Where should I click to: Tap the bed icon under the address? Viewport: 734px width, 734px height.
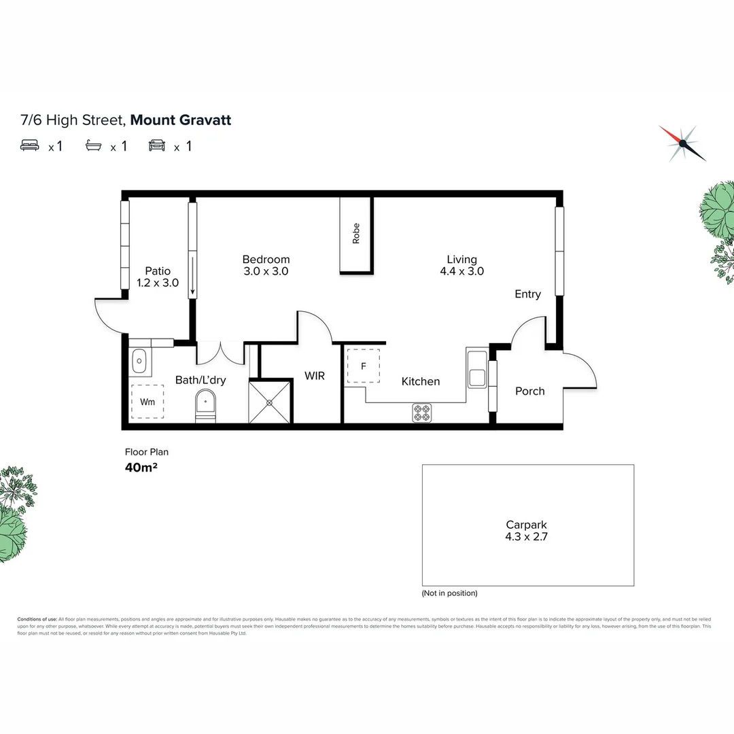click(x=30, y=145)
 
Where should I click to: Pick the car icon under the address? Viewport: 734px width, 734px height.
click(x=157, y=145)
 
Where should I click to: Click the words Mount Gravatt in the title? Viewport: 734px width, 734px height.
click(x=181, y=120)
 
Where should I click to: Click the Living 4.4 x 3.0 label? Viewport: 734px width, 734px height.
click(x=461, y=265)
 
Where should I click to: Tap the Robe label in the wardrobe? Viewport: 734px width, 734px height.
click(x=355, y=234)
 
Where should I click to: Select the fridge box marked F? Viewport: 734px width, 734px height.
click(x=363, y=366)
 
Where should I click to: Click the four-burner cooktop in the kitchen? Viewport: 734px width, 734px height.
click(x=422, y=413)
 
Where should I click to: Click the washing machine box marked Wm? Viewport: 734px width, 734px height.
click(x=147, y=402)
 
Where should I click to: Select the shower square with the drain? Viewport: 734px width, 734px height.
click(x=270, y=402)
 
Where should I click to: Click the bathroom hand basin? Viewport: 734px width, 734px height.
click(x=139, y=361)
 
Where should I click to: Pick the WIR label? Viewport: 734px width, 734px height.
click(x=315, y=376)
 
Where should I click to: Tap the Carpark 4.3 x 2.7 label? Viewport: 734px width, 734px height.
click(x=526, y=530)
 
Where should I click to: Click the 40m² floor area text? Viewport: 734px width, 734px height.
click(x=141, y=466)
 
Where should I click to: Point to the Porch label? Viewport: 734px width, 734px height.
click(x=529, y=391)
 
